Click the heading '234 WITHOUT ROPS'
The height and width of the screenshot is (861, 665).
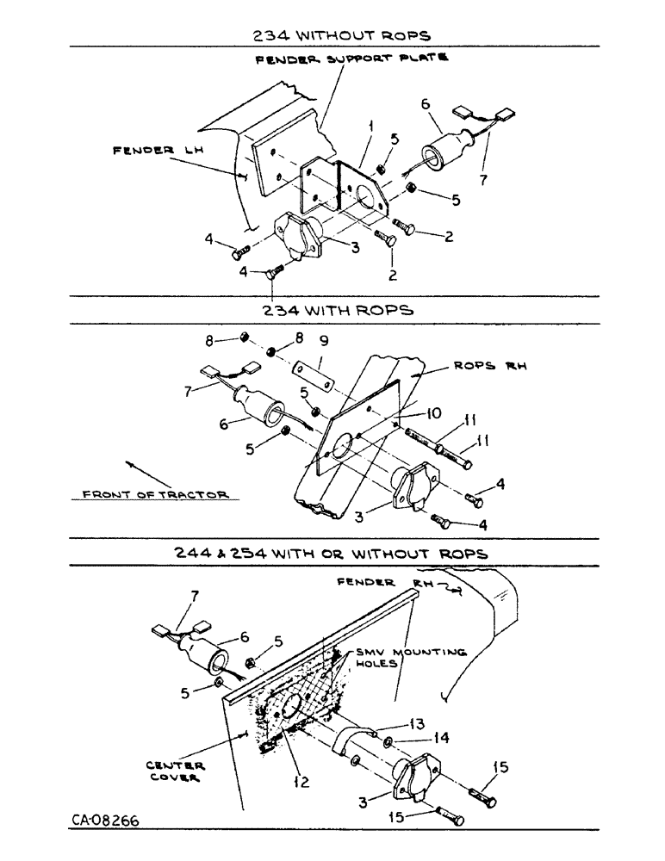(x=343, y=35)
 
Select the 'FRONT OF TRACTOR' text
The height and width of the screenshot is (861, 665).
(x=156, y=494)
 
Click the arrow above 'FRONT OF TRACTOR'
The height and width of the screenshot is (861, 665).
(x=140, y=474)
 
